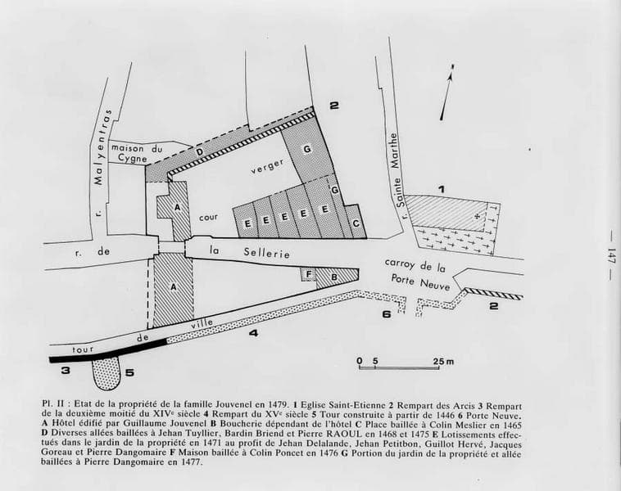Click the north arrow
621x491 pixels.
click(446, 92)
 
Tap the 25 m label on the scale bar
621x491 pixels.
click(443, 361)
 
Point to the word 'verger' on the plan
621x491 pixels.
click(267, 166)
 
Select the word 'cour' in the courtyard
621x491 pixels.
click(208, 217)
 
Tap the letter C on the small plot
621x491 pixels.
click(356, 223)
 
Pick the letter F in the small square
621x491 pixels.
click(309, 273)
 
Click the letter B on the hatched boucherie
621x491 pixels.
click(334, 277)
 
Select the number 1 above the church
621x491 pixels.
click(441, 189)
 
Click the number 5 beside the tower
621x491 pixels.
click(129, 372)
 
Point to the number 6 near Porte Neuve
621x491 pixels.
click(387, 314)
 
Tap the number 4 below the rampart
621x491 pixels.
click(253, 333)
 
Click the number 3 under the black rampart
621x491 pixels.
click(66, 371)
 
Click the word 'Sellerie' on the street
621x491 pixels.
click(266, 252)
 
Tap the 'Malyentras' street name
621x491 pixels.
click(102, 147)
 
